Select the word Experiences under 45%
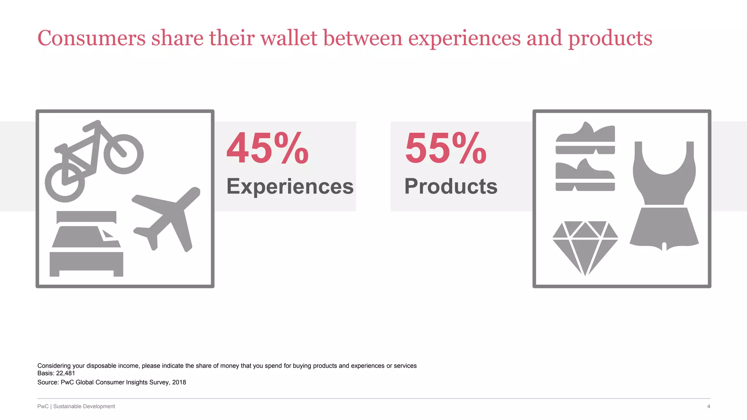pos(290,187)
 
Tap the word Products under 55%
pos(451,186)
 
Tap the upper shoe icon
pos(585,138)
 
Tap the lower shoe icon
pos(585,175)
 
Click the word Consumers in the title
pos(92,38)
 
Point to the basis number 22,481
pos(65,373)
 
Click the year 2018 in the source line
pos(179,382)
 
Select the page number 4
pos(708,407)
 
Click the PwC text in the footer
pos(43,407)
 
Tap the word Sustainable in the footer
pos(67,407)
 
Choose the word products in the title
pos(610,39)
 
